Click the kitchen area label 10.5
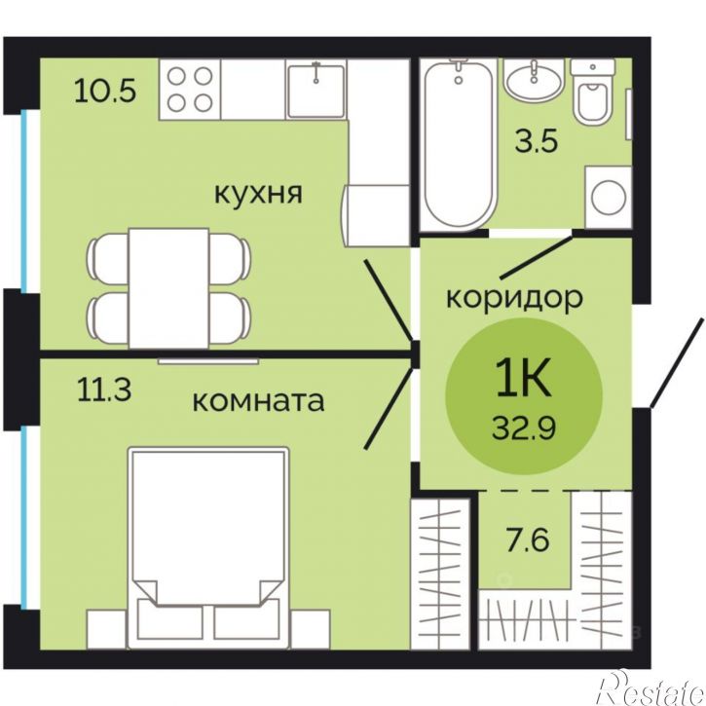coord(105,91)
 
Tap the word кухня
coord(258,194)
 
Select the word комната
coord(258,401)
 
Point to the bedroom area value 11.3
coord(104,390)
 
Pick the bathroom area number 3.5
coord(537,140)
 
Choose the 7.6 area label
coord(528,539)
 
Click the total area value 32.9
coord(524,427)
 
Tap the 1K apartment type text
coord(524,379)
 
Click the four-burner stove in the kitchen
coord(190,90)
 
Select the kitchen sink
coord(316,90)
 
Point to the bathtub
coord(458,144)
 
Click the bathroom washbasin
coord(534,80)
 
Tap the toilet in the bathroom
coord(592,93)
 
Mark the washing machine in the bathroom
coord(609,197)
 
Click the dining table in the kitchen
coord(168,288)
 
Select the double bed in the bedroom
coord(208,547)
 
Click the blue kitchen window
coord(24,202)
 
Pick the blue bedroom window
coord(24,517)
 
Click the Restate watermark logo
coord(650,688)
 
